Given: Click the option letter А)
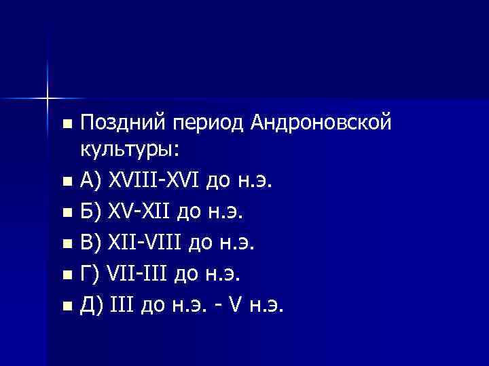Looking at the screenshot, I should (91, 181).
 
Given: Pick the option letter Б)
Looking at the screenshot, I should (91, 213).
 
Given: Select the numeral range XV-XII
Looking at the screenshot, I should (139, 213).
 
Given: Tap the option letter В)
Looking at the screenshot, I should (91, 243).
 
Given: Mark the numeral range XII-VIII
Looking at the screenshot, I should (145, 243).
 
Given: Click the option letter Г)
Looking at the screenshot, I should (90, 275).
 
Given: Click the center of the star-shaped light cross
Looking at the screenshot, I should (48, 98).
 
